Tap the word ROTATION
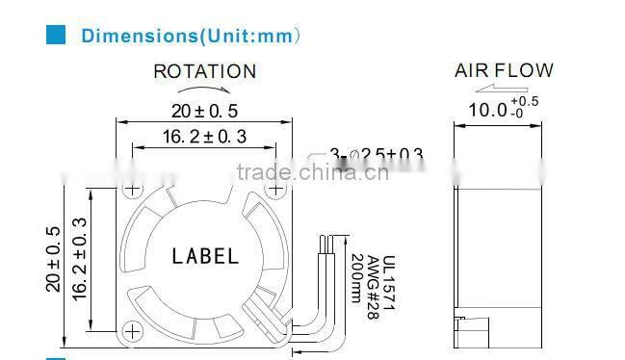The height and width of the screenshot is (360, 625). click(205, 71)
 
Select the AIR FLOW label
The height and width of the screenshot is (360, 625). click(504, 70)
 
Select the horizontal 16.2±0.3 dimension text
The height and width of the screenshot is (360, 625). click(204, 137)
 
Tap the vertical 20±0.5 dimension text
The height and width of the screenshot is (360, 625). click(53, 258)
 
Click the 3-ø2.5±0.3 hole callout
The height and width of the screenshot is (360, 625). click(377, 154)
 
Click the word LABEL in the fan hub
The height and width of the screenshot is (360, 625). click(204, 256)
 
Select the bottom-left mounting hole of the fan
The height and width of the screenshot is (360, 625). click(132, 330)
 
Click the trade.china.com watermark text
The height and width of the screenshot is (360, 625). click(312, 173)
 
